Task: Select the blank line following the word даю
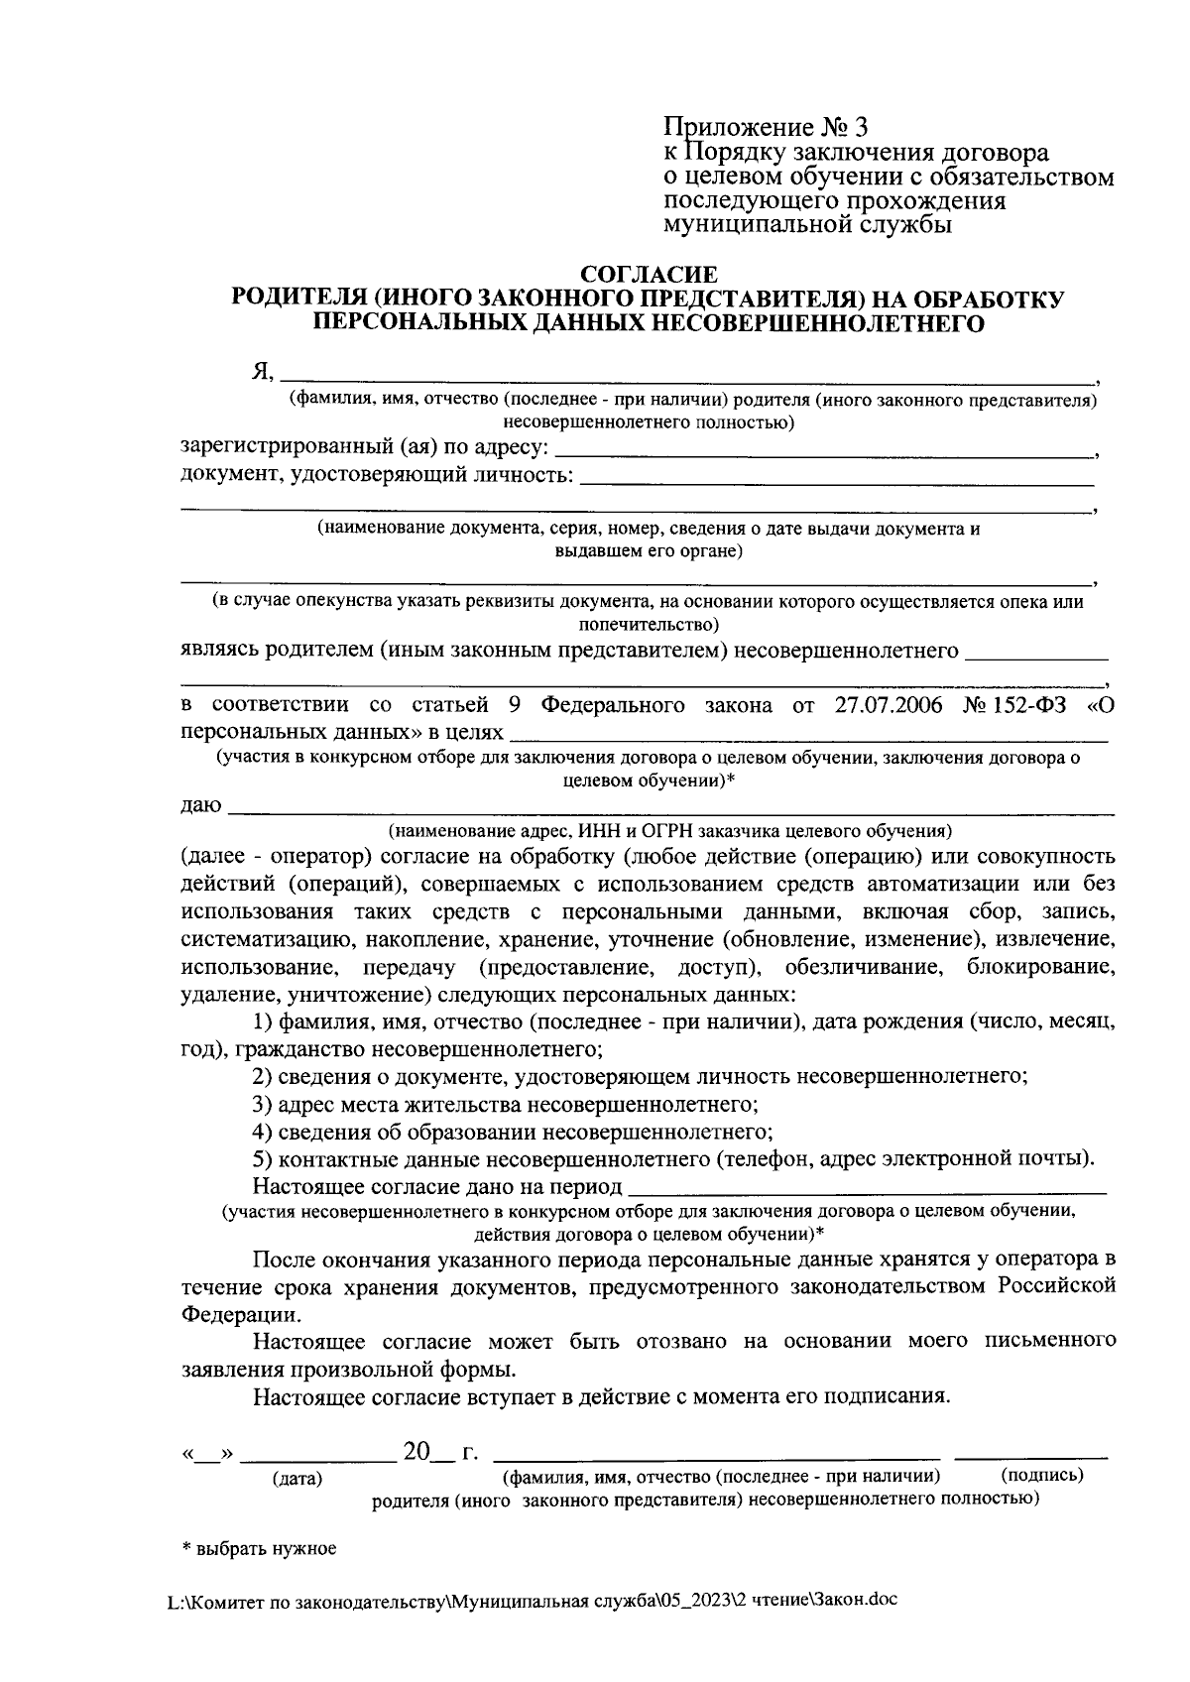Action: tap(670, 811)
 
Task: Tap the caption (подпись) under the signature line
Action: tap(1042, 1475)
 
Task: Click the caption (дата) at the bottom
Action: tap(297, 1480)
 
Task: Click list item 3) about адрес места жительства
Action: tap(506, 1104)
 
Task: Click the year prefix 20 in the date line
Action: tap(416, 1454)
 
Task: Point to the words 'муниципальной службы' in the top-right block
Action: tap(807, 225)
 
